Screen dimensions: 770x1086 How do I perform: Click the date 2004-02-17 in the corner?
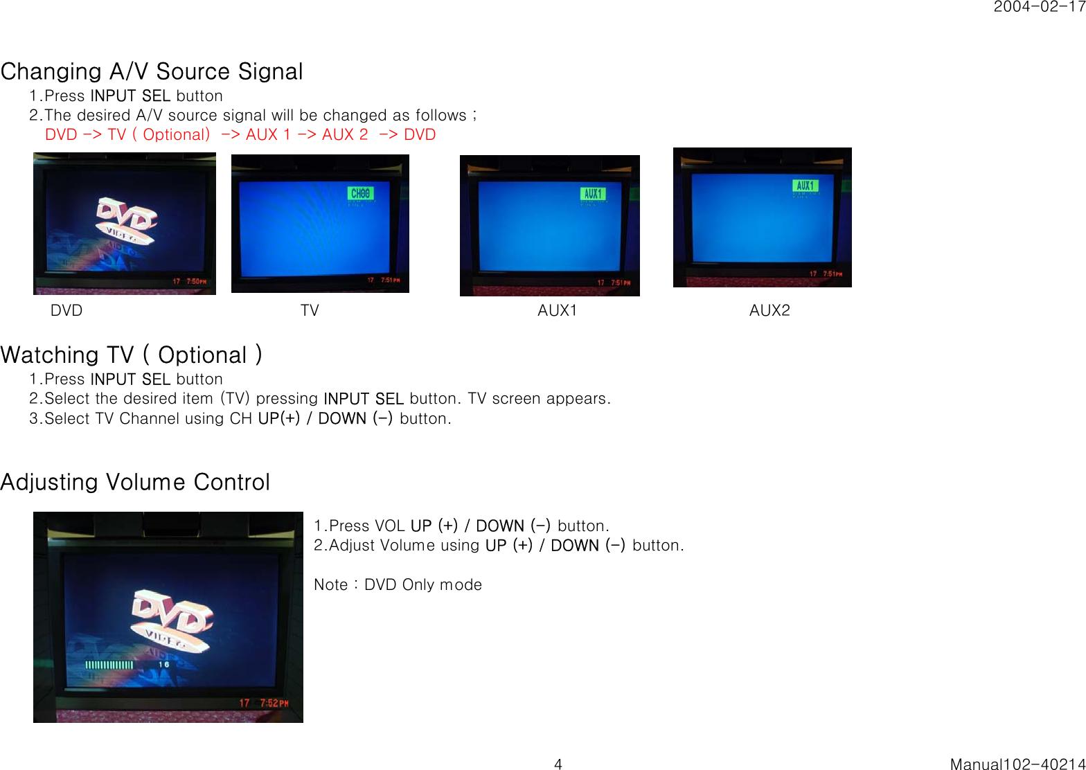[x=1039, y=7]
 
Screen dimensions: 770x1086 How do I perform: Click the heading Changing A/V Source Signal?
[x=152, y=71]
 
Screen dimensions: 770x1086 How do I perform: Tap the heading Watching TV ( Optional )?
[x=132, y=355]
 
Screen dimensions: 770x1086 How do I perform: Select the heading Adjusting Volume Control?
[x=135, y=482]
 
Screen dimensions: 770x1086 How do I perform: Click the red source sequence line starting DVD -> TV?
[x=240, y=134]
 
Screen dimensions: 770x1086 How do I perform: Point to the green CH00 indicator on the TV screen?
[x=360, y=193]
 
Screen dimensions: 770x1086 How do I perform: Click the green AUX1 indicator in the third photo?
[x=593, y=194]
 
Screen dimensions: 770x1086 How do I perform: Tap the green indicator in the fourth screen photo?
[x=805, y=186]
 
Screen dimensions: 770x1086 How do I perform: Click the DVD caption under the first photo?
[x=66, y=310]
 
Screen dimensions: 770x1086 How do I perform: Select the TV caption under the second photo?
[x=310, y=310]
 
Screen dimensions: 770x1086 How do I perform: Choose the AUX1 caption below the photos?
[x=557, y=310]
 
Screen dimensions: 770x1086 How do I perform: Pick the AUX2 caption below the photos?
[x=769, y=310]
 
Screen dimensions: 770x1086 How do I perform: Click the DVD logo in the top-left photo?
[x=126, y=220]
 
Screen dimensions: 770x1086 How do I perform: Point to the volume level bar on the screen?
[x=109, y=665]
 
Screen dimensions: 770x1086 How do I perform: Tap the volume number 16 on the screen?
[x=164, y=665]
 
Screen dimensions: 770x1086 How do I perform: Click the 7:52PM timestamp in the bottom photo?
[x=274, y=703]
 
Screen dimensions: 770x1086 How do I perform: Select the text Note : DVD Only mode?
[x=398, y=584]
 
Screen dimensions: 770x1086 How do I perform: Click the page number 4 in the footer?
[x=558, y=764]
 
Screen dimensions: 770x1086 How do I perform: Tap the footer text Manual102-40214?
[x=1017, y=764]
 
